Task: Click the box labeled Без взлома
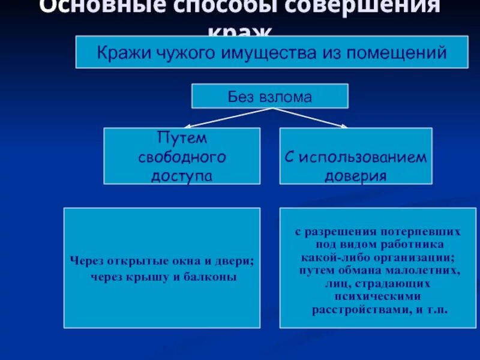click(x=269, y=96)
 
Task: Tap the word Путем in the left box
click(x=182, y=138)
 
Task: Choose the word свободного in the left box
click(x=182, y=157)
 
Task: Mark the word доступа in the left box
click(x=182, y=176)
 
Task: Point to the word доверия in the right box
click(x=355, y=176)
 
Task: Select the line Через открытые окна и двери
click(x=161, y=261)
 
